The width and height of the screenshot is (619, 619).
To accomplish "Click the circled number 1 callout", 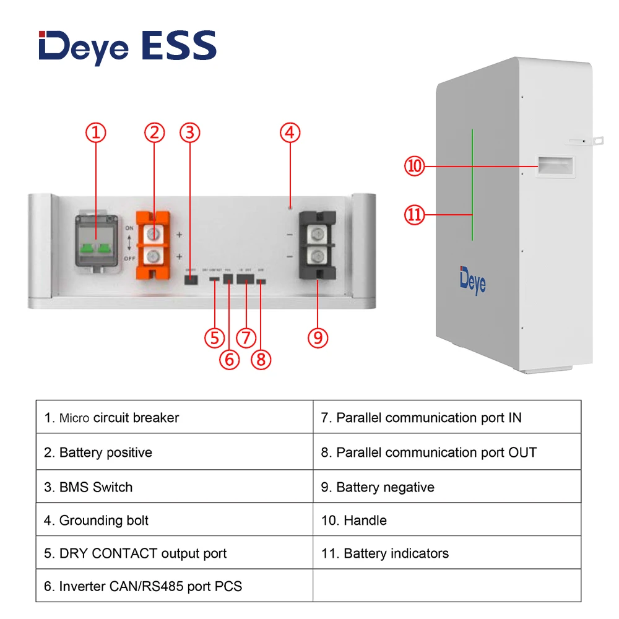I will (95, 132).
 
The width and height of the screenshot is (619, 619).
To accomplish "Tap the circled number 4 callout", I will (290, 132).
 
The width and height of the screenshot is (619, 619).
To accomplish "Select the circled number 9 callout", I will (318, 337).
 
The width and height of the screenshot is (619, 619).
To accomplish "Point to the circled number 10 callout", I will (414, 166).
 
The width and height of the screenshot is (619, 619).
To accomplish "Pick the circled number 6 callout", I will (229, 360).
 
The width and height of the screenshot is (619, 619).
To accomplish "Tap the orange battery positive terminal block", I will (154, 245).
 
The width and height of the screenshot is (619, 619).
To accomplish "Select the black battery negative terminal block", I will (318, 245).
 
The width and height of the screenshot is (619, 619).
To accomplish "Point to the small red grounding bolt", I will (290, 206).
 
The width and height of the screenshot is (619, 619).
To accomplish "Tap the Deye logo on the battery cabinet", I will (472, 279).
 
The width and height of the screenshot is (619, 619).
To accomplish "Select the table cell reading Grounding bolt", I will (174, 521).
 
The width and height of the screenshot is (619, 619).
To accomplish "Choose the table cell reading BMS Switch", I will (174, 487).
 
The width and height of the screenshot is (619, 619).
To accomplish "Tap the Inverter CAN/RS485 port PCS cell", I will (174, 586).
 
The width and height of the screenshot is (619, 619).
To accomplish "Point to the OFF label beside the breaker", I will (129, 259).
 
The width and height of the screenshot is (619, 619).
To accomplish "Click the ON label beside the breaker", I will (129, 228).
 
